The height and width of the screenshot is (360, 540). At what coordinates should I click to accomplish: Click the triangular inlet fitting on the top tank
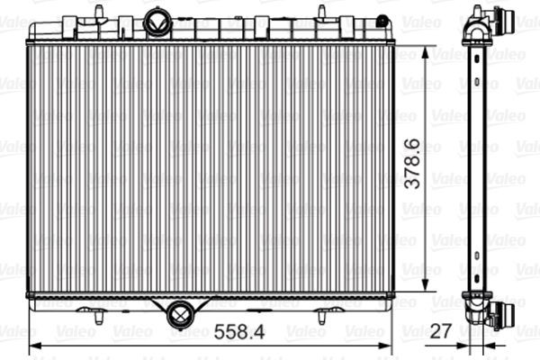[x=157, y=22]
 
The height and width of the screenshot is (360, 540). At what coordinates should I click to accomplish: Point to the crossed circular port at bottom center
[x=179, y=314]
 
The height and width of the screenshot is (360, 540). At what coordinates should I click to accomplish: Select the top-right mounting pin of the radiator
[x=320, y=11]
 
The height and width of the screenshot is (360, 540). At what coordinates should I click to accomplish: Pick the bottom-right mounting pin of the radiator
[x=321, y=314]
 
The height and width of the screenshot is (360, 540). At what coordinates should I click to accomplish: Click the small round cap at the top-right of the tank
[x=382, y=20]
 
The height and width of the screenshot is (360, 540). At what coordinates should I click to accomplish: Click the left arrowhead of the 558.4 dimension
[x=34, y=345]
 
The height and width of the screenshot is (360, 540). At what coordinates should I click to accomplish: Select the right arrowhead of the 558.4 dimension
[x=389, y=345]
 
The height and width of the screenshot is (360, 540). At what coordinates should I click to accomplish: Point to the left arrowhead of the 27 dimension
[x=463, y=345]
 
